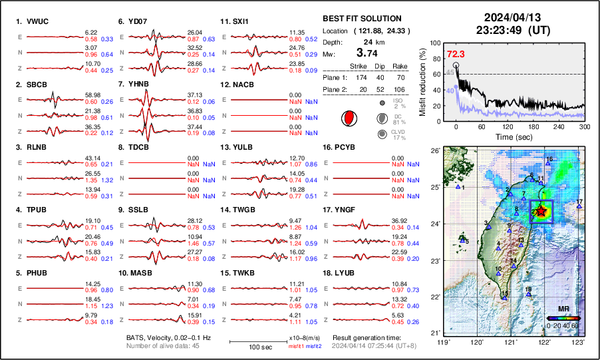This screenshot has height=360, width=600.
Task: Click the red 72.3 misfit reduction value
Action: point(456,54)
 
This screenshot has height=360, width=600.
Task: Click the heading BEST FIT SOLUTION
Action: point(361,19)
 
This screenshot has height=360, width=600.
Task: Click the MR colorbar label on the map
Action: point(563,309)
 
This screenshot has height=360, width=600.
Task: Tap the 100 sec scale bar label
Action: point(256,347)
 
